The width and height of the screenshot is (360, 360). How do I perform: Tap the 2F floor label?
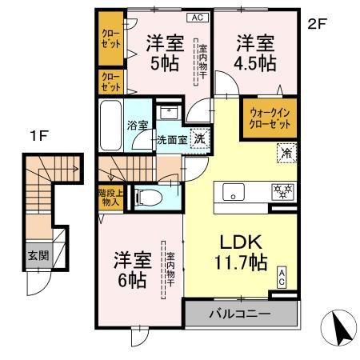tap(318, 24)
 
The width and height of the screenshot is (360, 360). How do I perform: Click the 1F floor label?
tap(38, 136)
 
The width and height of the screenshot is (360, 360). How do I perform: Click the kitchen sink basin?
tap(234, 193)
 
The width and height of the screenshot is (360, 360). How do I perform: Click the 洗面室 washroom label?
tap(170, 138)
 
